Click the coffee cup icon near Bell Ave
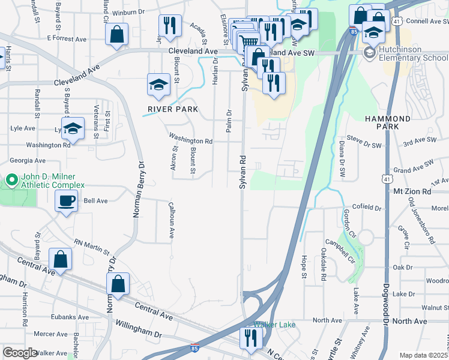click(x=66, y=201)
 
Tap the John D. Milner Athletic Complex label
click(x=52, y=181)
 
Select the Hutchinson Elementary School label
click(x=412, y=53)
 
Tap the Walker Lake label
click(x=274, y=325)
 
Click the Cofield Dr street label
click(x=366, y=208)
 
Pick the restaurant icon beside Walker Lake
click(x=250, y=338)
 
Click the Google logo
click(x=20, y=352)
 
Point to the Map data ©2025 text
click(x=424, y=355)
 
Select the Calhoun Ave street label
click(x=170, y=221)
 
